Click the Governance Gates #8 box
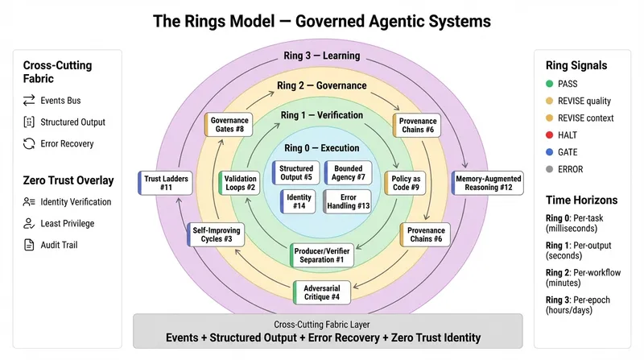[x=229, y=124]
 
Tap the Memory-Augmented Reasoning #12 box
[x=488, y=183]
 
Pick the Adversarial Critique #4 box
[x=322, y=292]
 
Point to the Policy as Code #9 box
[x=408, y=183]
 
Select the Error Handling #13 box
[x=348, y=201]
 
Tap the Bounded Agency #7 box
[x=349, y=172]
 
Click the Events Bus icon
[x=28, y=101]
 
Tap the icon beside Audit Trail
[x=28, y=245]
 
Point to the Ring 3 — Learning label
[x=321, y=56]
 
